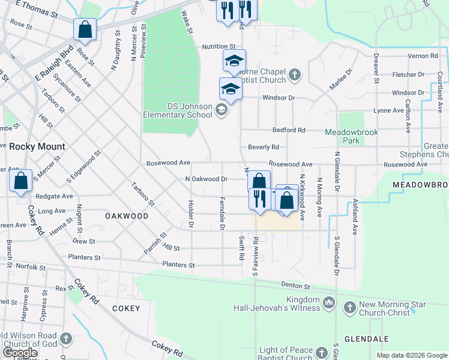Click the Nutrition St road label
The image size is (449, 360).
click(218, 46)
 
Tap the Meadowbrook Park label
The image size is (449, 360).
click(350, 136)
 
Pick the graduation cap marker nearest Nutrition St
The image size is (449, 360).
click(234, 61)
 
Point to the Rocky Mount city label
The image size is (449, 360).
click(37, 146)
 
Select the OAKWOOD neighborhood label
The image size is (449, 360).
click(126, 215)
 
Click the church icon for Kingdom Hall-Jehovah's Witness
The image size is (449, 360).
click(328, 304)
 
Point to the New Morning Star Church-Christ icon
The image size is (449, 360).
click(349, 308)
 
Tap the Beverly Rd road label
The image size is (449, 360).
click(264, 147)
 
